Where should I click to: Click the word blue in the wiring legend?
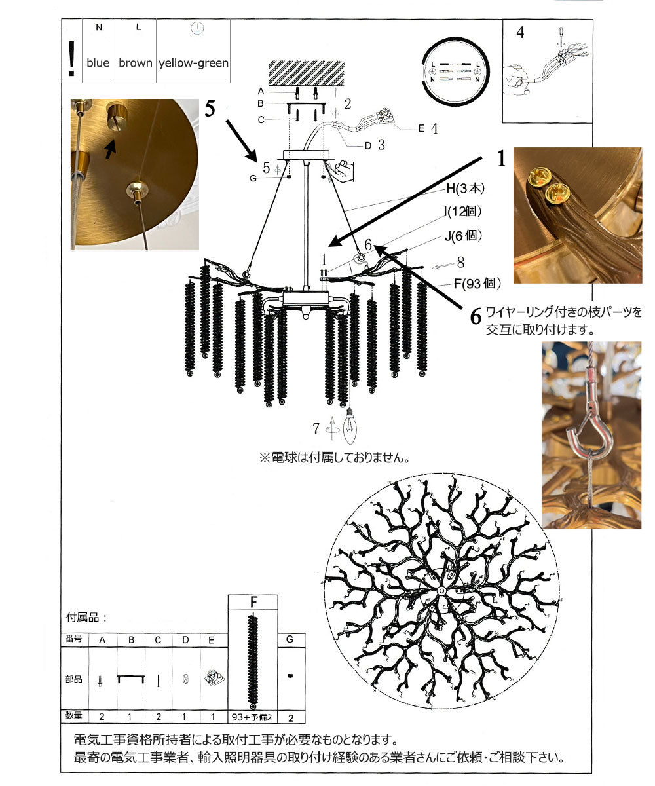coord(98,64)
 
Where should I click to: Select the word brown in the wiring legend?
coord(135,64)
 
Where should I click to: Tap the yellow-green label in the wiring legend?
coord(193,64)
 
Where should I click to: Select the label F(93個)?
coord(476,284)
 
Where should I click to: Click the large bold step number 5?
coord(210,109)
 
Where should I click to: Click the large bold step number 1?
coord(501,159)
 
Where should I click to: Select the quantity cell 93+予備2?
coord(252,715)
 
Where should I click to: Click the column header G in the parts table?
coord(290,639)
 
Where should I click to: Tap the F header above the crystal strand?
coord(253,602)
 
